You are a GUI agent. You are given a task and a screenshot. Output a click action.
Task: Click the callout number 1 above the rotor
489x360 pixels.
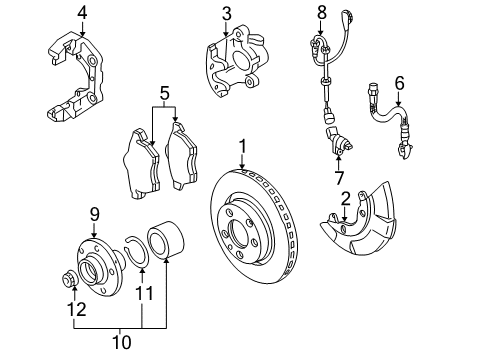[243, 146]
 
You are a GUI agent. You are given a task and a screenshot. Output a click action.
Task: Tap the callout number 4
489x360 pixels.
[82, 13]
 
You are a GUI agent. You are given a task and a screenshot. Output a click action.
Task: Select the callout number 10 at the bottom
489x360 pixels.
[122, 342]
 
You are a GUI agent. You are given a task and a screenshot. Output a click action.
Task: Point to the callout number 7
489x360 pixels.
[339, 177]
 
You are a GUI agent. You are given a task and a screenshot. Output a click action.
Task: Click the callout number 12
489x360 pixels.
[77, 309]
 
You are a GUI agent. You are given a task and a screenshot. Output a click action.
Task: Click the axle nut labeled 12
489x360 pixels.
[70, 279]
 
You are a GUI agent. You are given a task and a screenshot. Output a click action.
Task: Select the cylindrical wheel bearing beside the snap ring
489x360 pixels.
[166, 239]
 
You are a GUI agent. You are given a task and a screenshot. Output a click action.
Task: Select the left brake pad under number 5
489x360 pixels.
[142, 164]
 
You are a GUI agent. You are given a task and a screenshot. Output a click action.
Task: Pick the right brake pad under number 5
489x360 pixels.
[182, 156]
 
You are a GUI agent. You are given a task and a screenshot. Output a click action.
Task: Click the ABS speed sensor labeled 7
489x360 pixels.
[339, 141]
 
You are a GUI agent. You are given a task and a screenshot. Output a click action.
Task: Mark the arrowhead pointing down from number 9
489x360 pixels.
[95, 235]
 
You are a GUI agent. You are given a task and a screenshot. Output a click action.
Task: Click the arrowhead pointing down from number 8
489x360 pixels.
[321, 33]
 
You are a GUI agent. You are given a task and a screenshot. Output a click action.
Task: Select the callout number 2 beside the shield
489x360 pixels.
[346, 199]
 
